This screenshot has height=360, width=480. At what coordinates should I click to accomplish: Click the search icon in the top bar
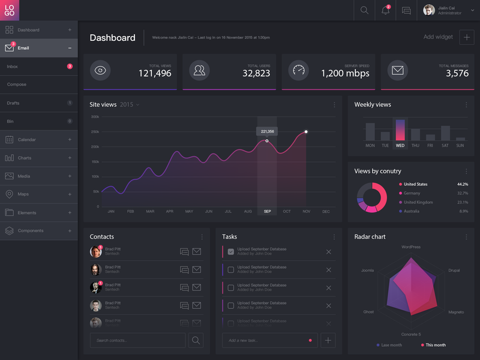click(364, 10)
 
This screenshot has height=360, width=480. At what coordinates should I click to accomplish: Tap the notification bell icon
click(385, 10)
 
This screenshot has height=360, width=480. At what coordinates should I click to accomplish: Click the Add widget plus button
click(466, 37)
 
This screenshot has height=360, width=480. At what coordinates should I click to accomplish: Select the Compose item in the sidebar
click(17, 85)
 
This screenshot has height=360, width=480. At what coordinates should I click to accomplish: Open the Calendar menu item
click(27, 140)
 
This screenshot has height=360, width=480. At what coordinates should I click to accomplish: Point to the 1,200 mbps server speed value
click(345, 73)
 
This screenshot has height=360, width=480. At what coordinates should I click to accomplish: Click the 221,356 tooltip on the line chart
click(267, 131)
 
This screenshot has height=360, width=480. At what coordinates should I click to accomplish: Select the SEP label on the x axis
click(267, 211)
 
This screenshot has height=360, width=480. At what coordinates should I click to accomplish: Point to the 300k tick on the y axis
click(95, 116)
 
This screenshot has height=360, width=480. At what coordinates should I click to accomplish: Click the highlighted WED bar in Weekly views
click(400, 130)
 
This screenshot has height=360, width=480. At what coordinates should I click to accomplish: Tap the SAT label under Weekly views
click(445, 145)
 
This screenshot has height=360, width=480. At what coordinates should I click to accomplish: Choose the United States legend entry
click(415, 184)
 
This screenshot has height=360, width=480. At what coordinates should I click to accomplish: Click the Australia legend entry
click(412, 211)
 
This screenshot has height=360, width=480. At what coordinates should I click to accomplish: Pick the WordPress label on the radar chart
click(411, 247)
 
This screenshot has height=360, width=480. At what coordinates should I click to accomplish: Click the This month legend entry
click(436, 345)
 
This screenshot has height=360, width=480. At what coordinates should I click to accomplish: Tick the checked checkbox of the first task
click(231, 252)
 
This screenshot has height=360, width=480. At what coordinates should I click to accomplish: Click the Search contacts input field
click(137, 340)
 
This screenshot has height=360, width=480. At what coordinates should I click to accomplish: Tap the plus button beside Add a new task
click(328, 340)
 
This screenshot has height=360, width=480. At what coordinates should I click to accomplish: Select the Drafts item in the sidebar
click(13, 103)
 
